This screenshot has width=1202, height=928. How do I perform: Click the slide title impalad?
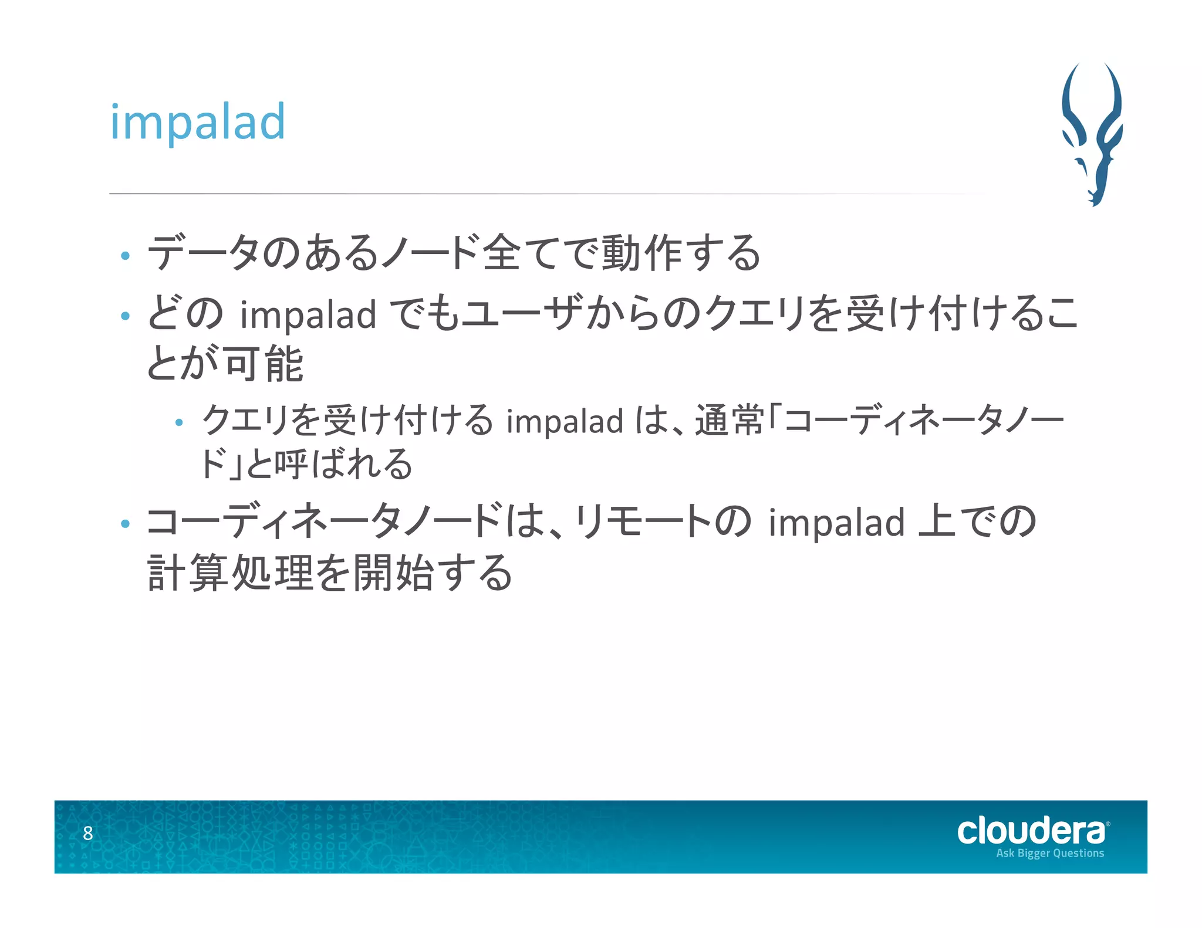point(197,122)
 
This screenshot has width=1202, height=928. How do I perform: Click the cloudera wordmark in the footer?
point(1031,831)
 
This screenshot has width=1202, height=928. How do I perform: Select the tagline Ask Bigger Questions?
point(1049,854)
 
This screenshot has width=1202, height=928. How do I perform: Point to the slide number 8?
point(88,833)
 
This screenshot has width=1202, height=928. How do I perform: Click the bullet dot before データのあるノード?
point(125,256)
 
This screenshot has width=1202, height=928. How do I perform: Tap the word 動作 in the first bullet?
point(642,253)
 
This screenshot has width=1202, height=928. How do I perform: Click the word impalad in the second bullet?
point(308,314)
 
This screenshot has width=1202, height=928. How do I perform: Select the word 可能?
point(264,364)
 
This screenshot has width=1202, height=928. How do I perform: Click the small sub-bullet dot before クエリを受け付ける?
point(180,422)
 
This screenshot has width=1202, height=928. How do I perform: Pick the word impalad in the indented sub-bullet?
point(565,421)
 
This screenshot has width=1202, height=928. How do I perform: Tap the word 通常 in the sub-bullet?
point(730,421)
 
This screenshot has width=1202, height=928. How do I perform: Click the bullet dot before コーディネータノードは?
point(125,523)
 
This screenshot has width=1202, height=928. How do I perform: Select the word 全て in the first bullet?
point(501,253)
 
